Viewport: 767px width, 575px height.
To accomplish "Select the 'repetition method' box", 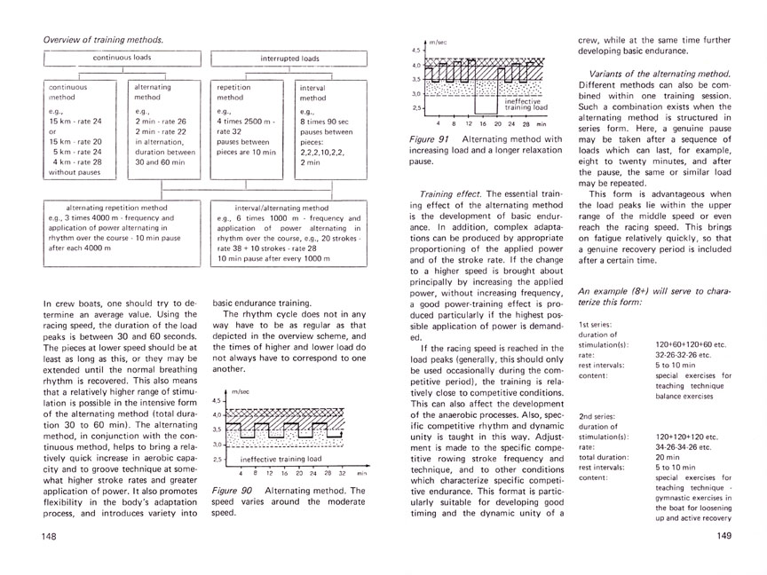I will pyautogui.click(x=249, y=129).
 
